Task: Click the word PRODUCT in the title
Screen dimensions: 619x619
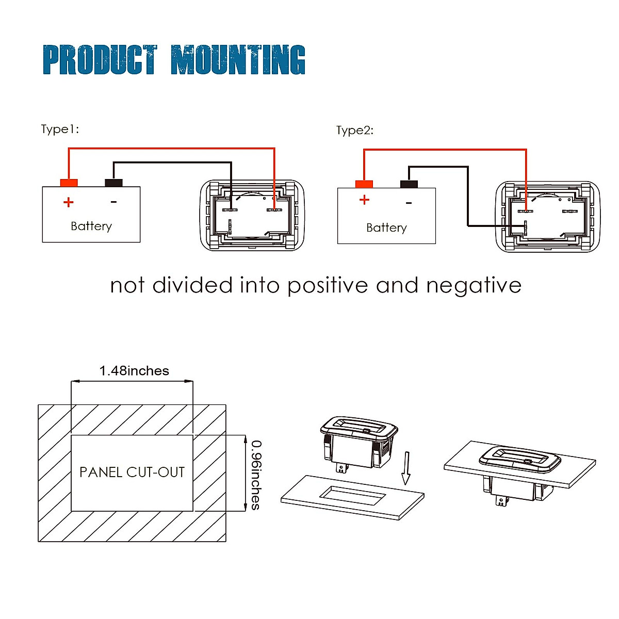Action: pos(100,60)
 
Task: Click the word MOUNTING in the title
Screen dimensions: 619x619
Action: pos(238,60)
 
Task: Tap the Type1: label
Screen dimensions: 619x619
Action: pos(60,129)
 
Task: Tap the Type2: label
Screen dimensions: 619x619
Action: pos(354,130)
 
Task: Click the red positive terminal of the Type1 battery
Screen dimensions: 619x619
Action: pos(69,183)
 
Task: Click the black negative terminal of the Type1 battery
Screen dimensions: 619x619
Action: pos(113,183)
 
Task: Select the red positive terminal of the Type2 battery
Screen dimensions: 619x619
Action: pos(364,184)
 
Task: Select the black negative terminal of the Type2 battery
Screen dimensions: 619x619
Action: pos(409,184)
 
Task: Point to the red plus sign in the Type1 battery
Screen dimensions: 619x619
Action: pos(68,202)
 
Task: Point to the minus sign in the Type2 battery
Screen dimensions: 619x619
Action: pos(409,203)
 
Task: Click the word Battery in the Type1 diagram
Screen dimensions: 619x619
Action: pos(91,226)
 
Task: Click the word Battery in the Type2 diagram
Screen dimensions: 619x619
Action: pos(386,227)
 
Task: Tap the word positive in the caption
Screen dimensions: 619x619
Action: pos(328,285)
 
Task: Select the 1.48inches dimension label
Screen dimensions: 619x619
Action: pos(134,371)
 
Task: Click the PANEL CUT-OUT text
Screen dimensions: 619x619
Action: pos(132,472)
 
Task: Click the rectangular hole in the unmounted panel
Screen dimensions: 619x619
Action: pos(353,496)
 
